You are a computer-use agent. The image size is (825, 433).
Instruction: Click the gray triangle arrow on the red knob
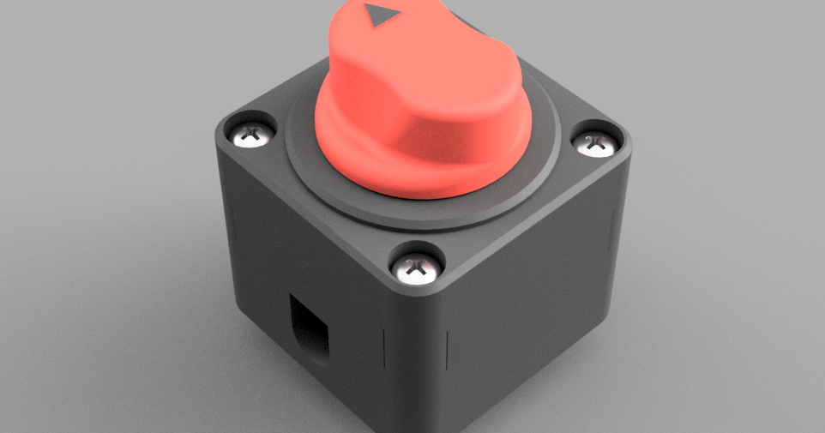click(376, 15)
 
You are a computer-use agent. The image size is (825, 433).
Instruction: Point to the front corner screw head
click(417, 268)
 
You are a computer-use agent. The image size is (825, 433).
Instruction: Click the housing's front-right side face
click(532, 317)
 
